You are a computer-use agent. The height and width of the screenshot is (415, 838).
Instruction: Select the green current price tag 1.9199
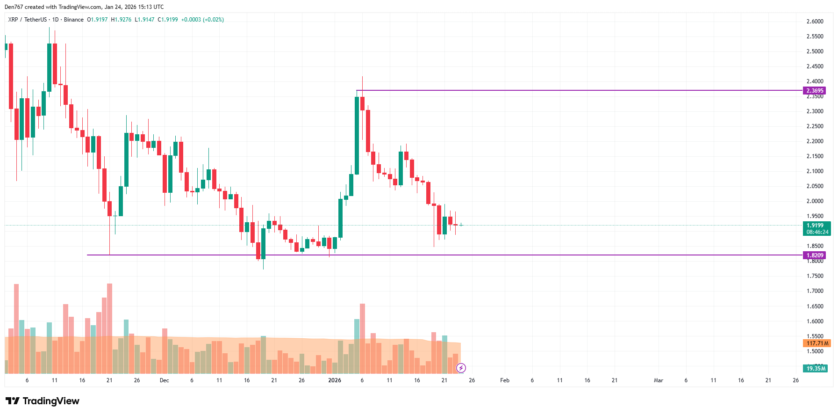point(817,226)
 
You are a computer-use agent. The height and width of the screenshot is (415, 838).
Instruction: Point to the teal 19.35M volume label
point(816,369)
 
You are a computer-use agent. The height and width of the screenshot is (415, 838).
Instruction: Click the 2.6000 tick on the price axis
point(815,22)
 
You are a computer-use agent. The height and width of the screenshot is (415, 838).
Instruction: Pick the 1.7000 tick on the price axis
point(815,291)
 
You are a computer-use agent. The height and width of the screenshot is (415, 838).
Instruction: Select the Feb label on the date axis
point(505,380)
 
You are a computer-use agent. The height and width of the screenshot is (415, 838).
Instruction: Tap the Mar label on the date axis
point(658,380)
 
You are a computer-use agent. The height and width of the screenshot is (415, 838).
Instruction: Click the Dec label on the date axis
point(164,380)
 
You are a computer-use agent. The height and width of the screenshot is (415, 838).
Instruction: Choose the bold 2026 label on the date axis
point(335,380)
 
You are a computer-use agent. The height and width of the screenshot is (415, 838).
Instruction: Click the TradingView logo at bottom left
point(43,401)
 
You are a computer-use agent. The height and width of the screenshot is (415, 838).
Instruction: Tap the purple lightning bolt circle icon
point(461,368)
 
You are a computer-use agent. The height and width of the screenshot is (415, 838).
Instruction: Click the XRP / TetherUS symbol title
point(28,20)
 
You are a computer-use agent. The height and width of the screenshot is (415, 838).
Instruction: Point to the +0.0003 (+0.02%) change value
point(202,20)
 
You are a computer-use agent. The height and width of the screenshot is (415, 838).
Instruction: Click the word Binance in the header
point(74,20)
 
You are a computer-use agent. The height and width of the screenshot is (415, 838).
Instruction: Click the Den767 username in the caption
point(14,7)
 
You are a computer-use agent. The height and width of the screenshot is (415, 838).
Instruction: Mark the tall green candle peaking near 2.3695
point(357,136)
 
